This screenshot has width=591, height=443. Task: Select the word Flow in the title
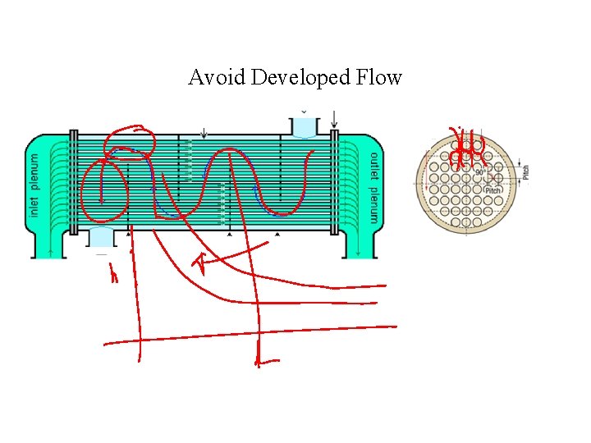pos(379,78)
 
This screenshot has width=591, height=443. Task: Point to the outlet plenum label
pos(374,187)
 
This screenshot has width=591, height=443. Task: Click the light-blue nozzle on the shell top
pos(305,126)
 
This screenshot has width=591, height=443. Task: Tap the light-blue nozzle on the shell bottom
pos(102,237)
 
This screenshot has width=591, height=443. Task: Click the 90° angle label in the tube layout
pos(479,172)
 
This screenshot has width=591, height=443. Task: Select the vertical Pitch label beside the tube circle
pos(526,172)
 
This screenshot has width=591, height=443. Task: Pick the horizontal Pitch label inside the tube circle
pos(492,190)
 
